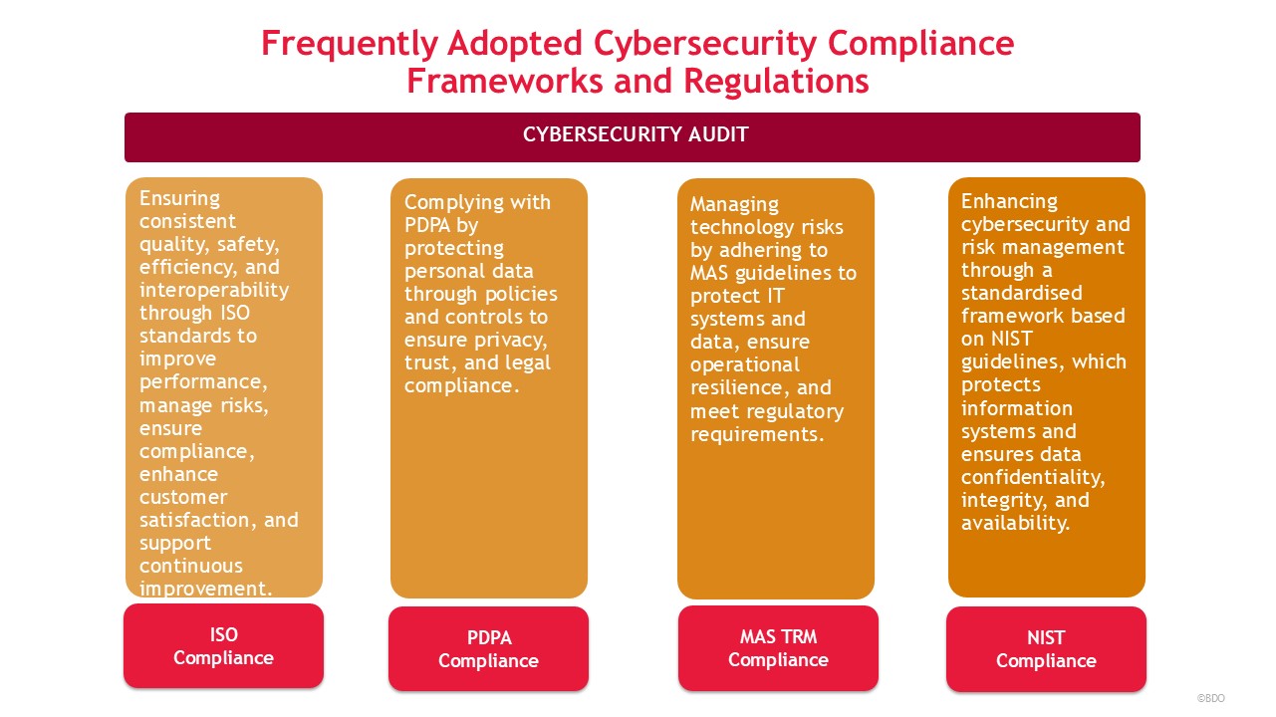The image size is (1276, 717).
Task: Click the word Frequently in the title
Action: tap(350, 45)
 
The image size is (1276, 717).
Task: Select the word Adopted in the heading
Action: tap(514, 45)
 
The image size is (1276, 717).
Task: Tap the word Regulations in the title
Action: tap(776, 81)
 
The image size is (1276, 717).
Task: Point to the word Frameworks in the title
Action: tap(505, 81)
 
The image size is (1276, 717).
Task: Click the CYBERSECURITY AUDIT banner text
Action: tap(636, 134)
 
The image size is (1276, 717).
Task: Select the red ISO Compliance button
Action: tap(223, 646)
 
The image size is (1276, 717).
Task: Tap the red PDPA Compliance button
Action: tap(488, 648)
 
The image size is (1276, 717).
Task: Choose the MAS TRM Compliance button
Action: tap(778, 648)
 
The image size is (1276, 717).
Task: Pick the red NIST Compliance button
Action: tap(1046, 649)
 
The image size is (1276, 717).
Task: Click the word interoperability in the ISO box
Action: tap(214, 291)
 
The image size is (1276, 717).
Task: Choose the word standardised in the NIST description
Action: tap(1022, 293)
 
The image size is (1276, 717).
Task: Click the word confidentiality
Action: tap(1033, 477)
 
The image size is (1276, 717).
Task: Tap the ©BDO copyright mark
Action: tap(1210, 698)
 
